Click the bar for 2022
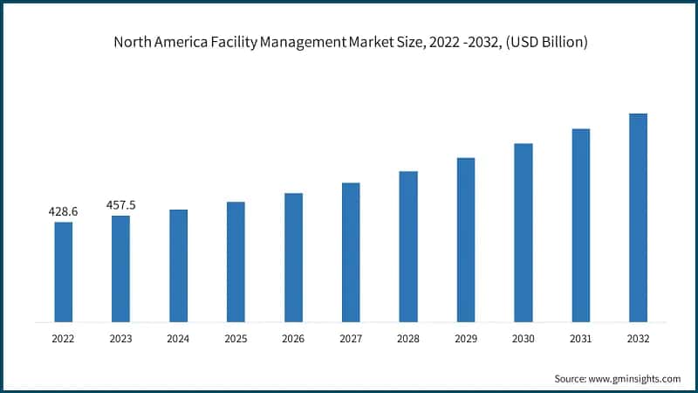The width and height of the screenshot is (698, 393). [x=63, y=272]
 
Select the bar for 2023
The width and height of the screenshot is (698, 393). [x=120, y=268]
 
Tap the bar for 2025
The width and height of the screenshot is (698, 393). [x=236, y=262]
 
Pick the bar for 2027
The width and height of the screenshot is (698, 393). [x=351, y=252]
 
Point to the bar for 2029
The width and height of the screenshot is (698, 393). [x=466, y=239]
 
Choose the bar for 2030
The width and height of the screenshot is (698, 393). [x=523, y=232]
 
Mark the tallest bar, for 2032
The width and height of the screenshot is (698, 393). [x=638, y=217]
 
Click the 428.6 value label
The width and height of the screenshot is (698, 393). [x=63, y=211]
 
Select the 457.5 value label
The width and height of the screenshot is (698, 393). [x=120, y=205]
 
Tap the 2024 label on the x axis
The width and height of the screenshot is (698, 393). [x=178, y=337]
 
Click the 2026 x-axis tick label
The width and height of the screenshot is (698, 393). [x=293, y=337]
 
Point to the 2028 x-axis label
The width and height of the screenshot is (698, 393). [x=408, y=337]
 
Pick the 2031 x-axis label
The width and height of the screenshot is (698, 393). [x=580, y=337]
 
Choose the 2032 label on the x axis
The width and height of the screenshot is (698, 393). [x=638, y=337]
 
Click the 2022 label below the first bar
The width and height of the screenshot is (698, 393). [x=63, y=337]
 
